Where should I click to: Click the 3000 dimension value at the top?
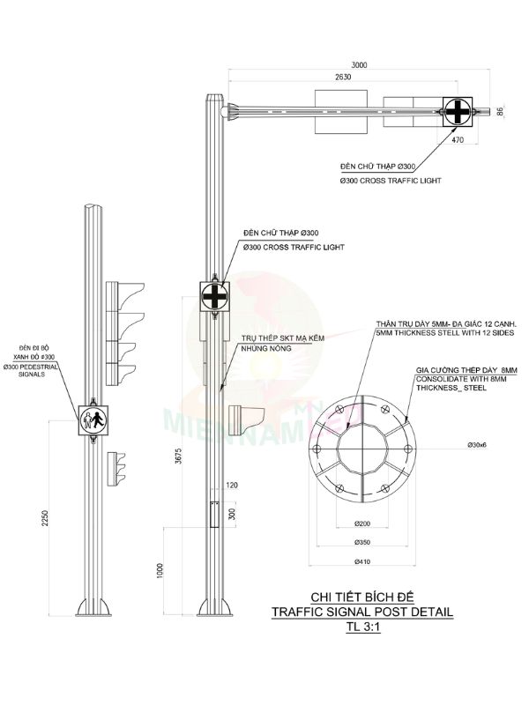click(360, 64)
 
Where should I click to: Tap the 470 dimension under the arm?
click(458, 139)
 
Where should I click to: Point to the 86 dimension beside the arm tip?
click(501, 111)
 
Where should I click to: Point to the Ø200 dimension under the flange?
click(362, 523)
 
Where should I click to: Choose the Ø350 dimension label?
click(362, 541)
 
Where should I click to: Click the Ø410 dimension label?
click(362, 560)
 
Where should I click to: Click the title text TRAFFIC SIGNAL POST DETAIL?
click(363, 610)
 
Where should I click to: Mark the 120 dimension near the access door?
click(232, 486)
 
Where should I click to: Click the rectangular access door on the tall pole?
click(214, 515)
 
